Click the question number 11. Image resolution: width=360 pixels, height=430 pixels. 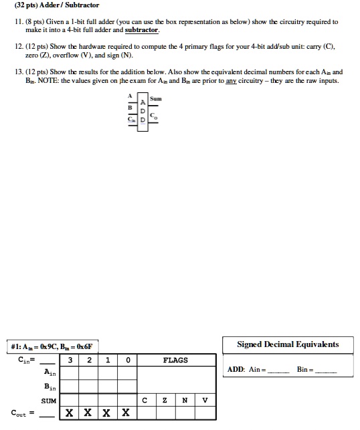coord(19,22)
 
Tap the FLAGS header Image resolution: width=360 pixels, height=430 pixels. coord(176,360)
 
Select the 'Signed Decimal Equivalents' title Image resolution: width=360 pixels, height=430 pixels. coord(288,344)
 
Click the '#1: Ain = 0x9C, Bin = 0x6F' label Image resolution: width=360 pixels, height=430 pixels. coord(54,346)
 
